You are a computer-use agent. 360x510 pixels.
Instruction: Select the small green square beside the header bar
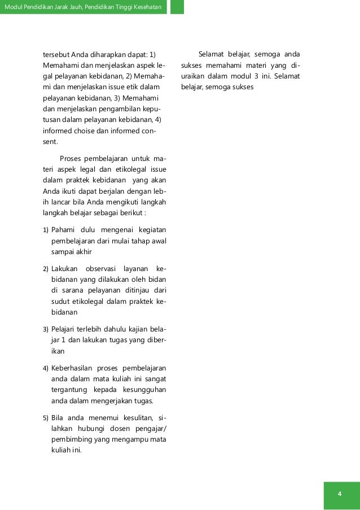pos(177,7)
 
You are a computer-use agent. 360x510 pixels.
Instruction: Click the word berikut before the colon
pos(129,213)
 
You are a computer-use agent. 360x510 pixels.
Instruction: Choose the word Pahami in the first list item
pos(62,230)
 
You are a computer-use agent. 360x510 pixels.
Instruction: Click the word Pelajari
pos(64,329)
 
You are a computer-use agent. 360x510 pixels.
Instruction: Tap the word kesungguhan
pos(142,390)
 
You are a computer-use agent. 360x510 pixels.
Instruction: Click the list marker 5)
pos(46,418)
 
